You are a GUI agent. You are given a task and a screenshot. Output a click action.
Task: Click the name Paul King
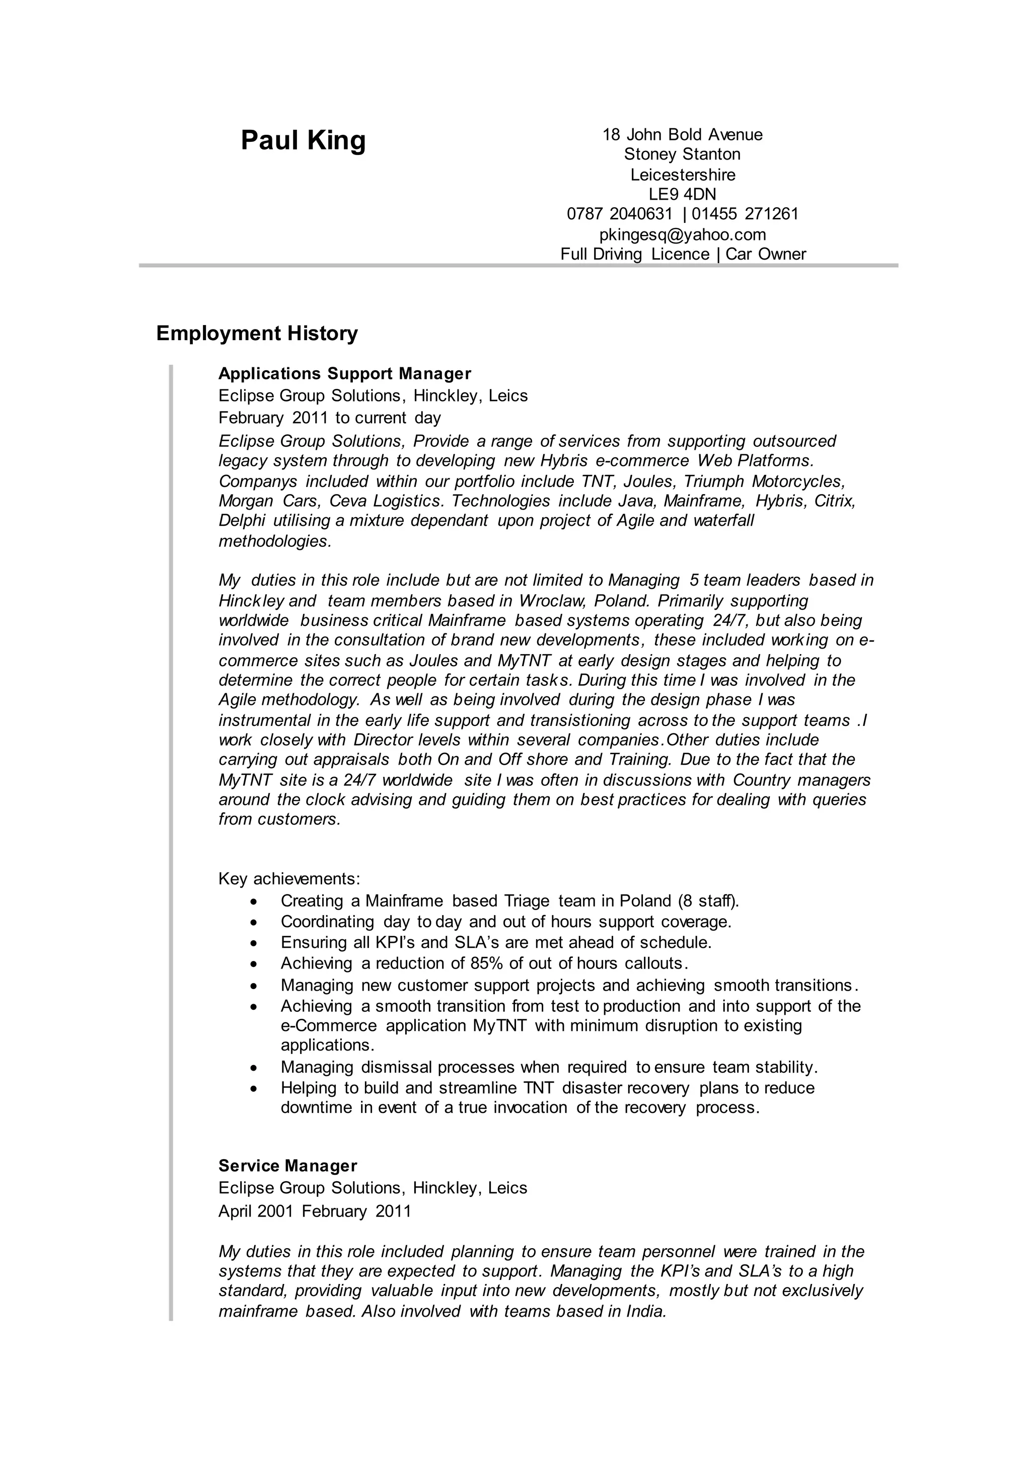(303, 140)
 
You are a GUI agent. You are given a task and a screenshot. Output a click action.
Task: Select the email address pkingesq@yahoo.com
(683, 235)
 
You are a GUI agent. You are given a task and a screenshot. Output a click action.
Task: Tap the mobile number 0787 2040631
(619, 214)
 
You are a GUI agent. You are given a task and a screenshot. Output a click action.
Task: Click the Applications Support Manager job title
(345, 373)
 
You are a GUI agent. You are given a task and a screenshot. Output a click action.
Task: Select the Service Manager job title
(287, 1166)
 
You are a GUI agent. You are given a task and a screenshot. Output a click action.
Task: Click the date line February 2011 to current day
(330, 418)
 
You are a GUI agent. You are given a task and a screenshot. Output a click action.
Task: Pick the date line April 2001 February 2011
(315, 1211)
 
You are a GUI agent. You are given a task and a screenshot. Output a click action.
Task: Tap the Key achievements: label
(289, 879)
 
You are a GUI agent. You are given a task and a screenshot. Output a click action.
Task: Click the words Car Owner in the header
(766, 255)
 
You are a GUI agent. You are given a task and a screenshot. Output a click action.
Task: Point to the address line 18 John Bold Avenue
(683, 134)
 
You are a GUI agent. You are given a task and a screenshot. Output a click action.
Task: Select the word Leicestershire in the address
(683, 175)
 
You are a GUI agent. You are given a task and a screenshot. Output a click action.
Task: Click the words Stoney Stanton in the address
(683, 154)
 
